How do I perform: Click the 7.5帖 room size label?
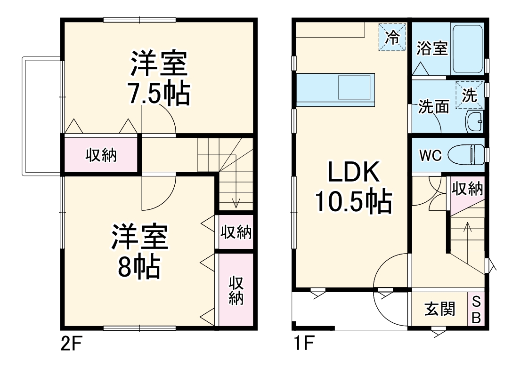point(160,95)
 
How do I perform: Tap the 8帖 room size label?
point(139,267)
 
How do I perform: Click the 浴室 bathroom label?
point(432,48)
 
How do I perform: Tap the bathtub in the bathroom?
point(467,48)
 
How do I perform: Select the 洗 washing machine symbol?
point(469,96)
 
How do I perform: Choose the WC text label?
point(430,156)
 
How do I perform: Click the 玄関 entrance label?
point(440,310)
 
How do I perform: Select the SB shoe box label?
point(476,309)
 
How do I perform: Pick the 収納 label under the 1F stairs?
point(467,189)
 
